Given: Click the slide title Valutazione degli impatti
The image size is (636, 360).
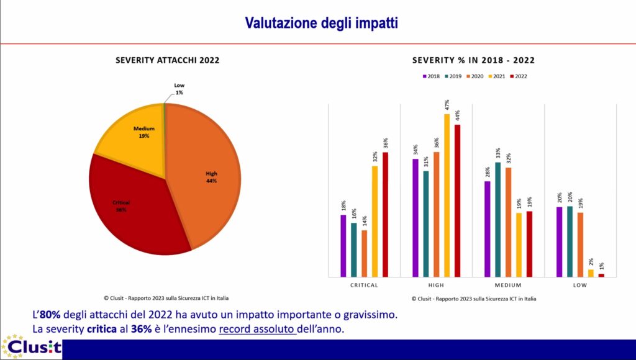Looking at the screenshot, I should (x=321, y=23).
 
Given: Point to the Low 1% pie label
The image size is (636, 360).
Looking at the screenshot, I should (x=179, y=89).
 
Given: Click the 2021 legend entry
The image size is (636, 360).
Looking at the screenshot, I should (x=495, y=76).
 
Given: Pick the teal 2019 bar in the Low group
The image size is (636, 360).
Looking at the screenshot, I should (x=570, y=241).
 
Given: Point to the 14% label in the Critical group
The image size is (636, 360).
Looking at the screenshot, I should (x=365, y=221).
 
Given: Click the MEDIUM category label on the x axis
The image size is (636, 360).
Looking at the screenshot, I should (x=508, y=285).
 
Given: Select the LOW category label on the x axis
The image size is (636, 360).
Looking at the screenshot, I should (x=580, y=285).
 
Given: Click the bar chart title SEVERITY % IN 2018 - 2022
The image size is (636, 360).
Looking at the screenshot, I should (x=473, y=61).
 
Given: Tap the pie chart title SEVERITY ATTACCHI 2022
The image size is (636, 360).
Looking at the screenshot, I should (x=167, y=61).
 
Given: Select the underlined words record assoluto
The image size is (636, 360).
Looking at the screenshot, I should (x=257, y=328).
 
